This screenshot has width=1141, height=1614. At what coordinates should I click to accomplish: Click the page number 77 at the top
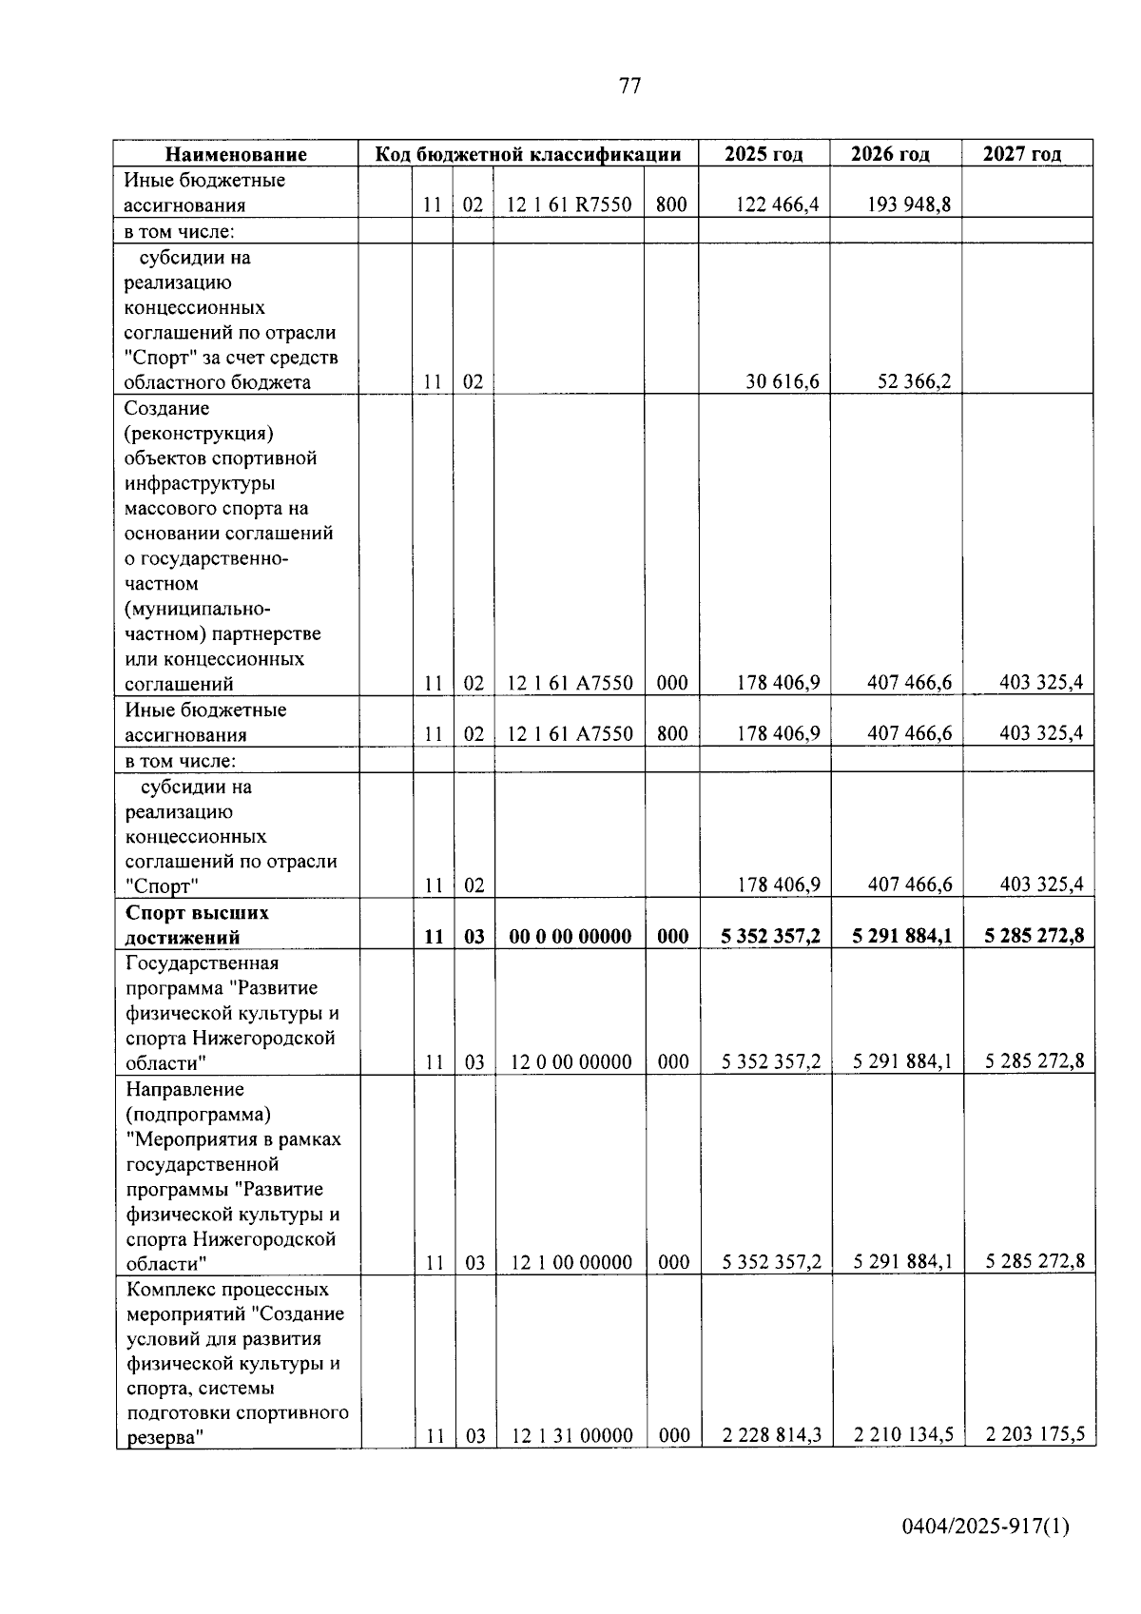(x=629, y=87)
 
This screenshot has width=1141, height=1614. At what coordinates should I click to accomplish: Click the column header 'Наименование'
(x=236, y=154)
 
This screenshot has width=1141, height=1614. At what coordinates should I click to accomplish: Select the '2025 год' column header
(x=764, y=154)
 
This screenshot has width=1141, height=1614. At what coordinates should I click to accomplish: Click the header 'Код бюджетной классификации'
(x=528, y=154)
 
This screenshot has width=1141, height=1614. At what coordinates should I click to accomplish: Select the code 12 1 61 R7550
(x=569, y=204)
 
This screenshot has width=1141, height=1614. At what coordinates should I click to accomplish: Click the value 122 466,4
(x=779, y=204)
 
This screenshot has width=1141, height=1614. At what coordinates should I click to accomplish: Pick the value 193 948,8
(x=909, y=204)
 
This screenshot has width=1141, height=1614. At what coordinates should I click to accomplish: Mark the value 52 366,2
(x=914, y=382)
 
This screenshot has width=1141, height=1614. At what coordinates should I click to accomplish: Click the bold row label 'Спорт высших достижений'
(x=198, y=924)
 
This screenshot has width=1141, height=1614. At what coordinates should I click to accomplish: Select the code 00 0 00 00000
(x=570, y=936)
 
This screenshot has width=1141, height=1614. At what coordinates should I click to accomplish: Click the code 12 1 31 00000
(x=571, y=1436)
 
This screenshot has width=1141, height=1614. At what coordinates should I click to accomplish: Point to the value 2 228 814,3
(x=771, y=1435)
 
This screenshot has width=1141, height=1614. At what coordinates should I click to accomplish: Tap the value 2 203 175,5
(x=1035, y=1435)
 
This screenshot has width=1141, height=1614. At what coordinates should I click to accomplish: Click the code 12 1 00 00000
(x=571, y=1263)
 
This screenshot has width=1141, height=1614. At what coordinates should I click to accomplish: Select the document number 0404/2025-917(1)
(x=986, y=1527)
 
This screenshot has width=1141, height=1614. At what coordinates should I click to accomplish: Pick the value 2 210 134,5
(x=903, y=1435)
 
